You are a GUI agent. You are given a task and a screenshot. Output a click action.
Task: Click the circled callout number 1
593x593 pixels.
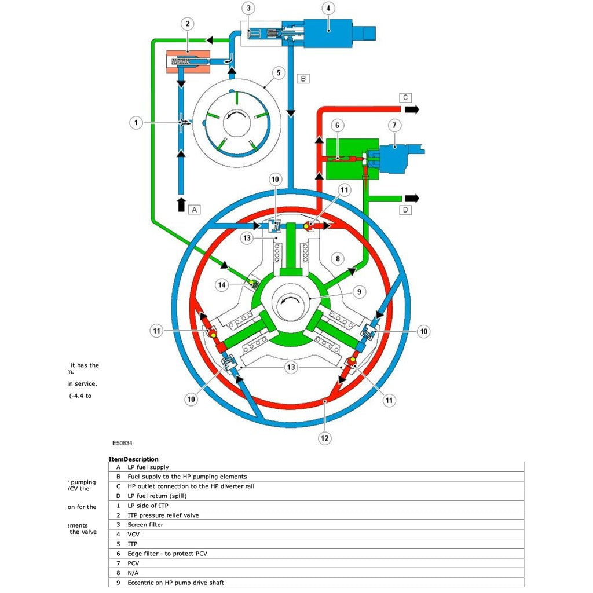pos(136,123)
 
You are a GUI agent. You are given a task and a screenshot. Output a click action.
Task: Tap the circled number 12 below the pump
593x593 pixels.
pos(325,438)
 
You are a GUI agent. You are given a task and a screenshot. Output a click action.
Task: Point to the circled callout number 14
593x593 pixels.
pos(221,284)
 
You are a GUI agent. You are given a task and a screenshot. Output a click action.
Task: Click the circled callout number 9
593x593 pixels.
pos(359,292)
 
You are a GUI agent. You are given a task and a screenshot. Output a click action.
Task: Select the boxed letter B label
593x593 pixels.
pos(303,78)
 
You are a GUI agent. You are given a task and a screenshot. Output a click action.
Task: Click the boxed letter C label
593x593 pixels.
pos(405,97)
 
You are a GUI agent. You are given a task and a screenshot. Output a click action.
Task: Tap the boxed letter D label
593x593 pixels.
pos(405,210)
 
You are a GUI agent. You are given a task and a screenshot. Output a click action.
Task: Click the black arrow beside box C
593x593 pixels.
pos(412,109)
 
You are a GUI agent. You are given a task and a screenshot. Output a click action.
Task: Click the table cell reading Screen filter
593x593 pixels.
pos(145,525)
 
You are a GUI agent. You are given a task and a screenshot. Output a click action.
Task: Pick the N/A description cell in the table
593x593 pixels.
pos(133,573)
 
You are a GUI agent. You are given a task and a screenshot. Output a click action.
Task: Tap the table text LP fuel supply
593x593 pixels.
pos(148,467)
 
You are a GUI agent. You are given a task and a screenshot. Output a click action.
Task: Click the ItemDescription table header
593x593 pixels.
pos(133,459)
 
